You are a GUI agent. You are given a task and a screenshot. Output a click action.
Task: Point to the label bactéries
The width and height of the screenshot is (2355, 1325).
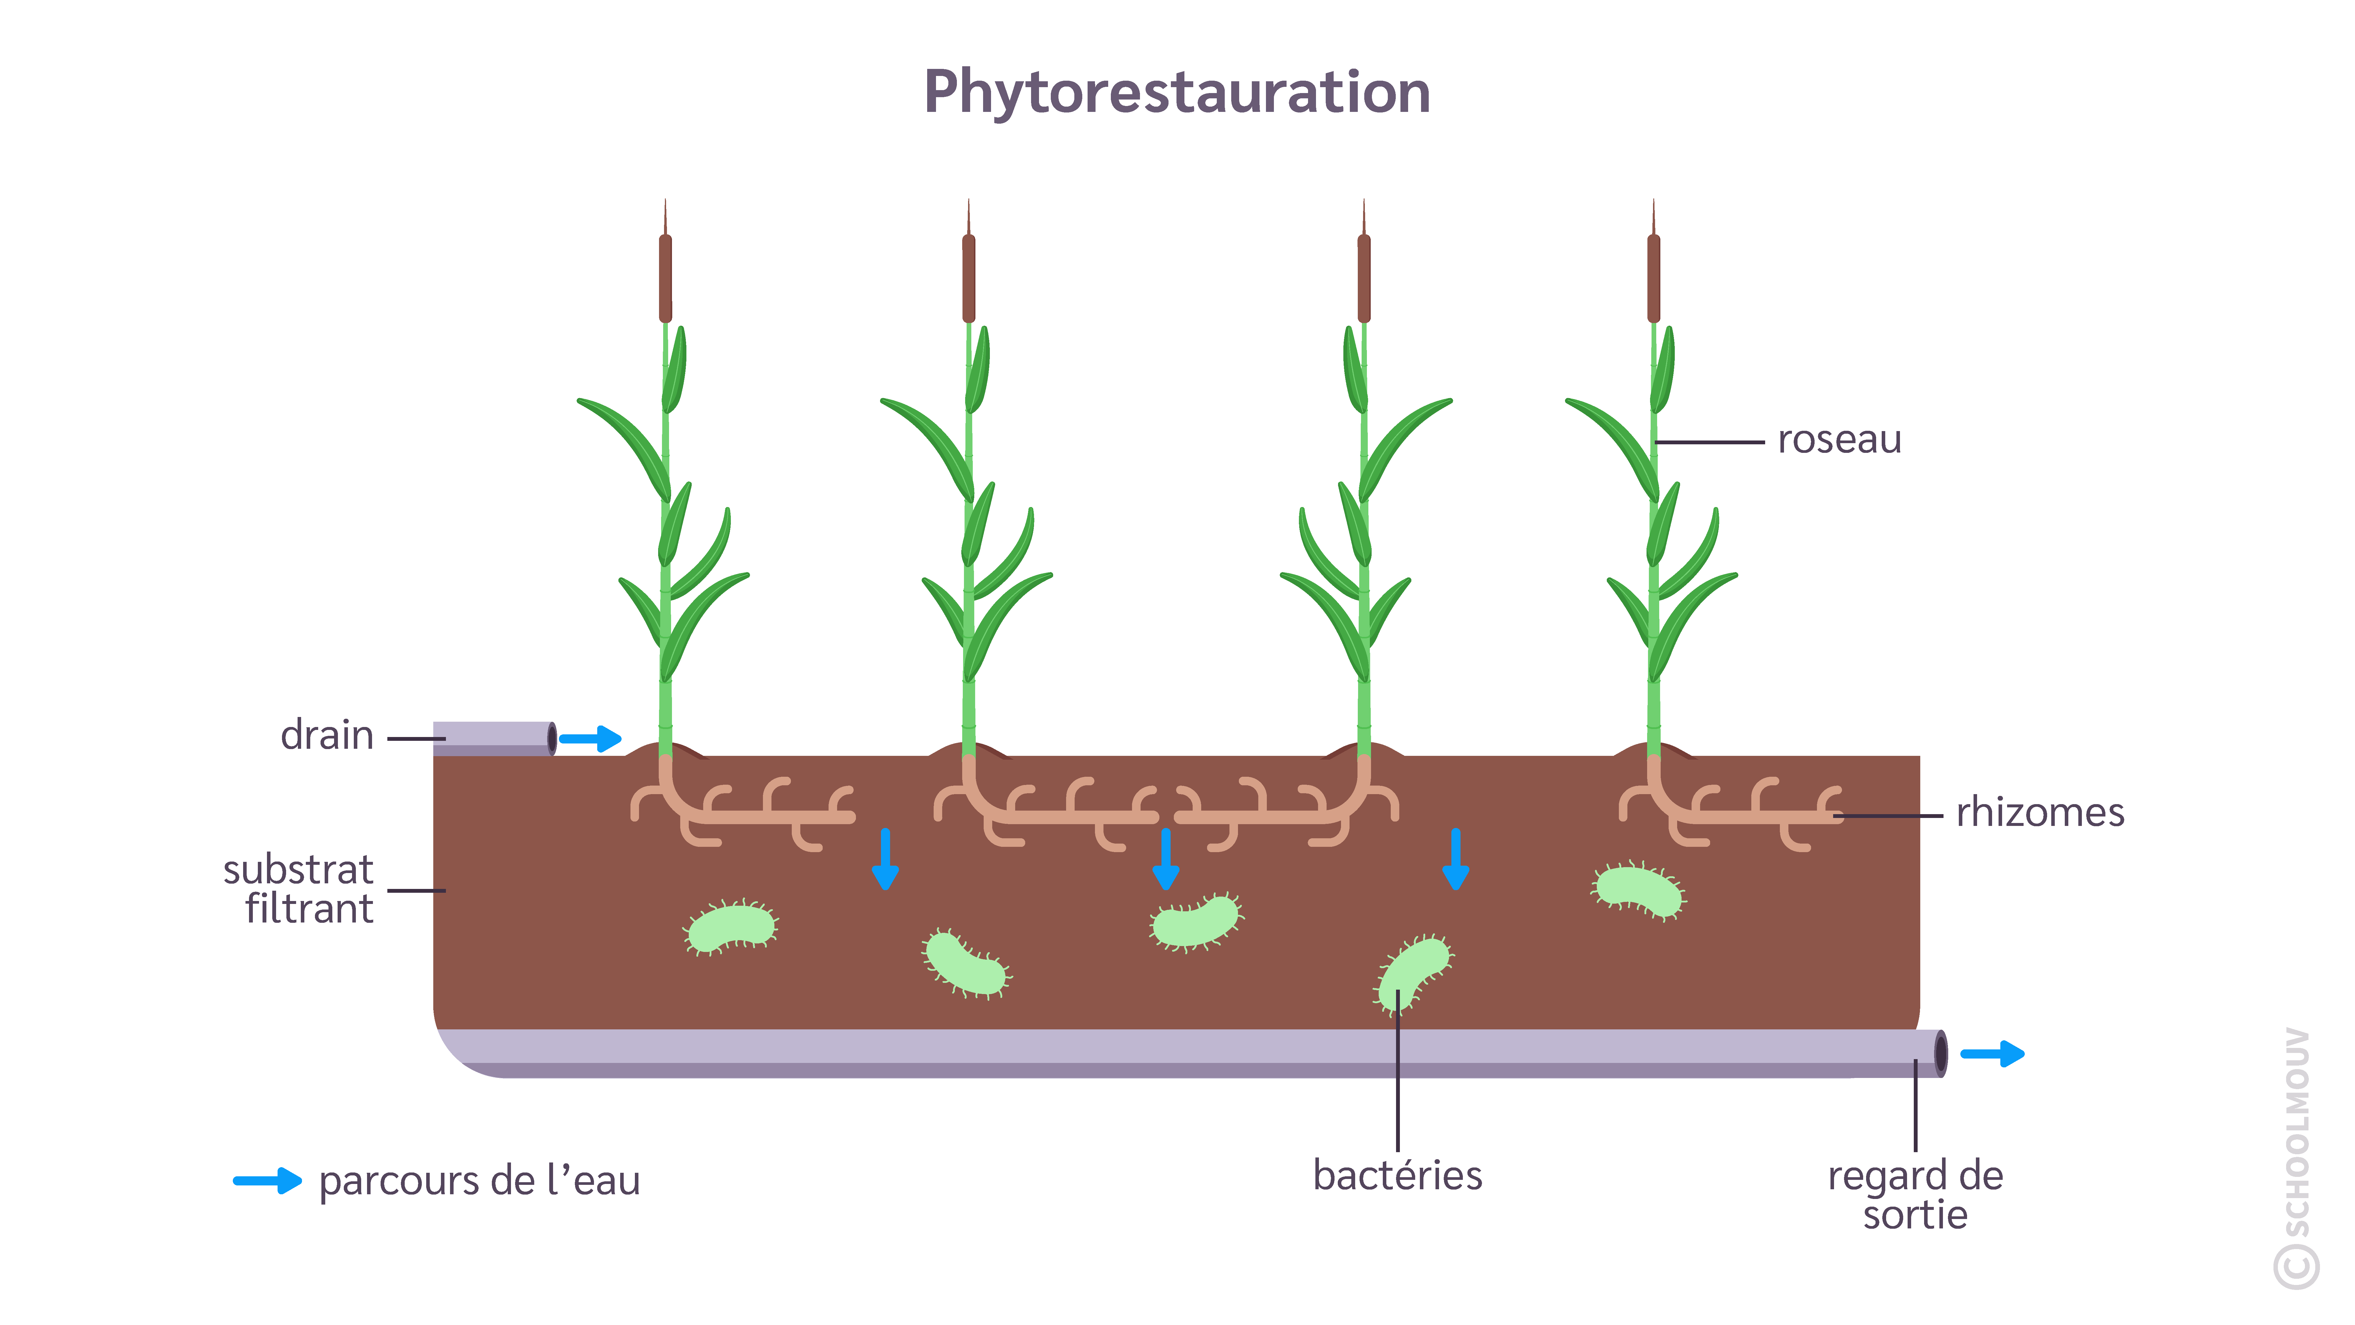tap(1397, 1175)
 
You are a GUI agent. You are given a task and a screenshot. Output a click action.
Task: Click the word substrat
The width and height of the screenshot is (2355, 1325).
tap(298, 869)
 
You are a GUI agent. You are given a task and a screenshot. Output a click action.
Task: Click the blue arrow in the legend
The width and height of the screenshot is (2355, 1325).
tap(267, 1180)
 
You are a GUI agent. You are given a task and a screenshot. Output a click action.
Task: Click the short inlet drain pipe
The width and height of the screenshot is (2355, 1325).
tap(494, 738)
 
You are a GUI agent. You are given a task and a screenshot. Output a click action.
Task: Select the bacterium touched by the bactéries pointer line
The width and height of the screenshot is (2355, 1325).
tap(1413, 973)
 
